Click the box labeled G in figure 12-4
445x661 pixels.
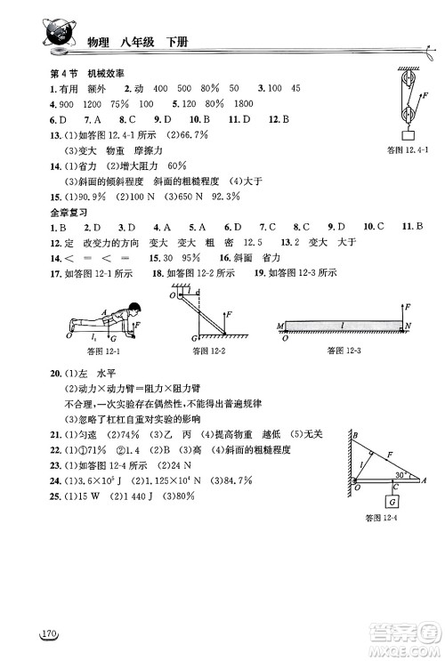tap(392, 499)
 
